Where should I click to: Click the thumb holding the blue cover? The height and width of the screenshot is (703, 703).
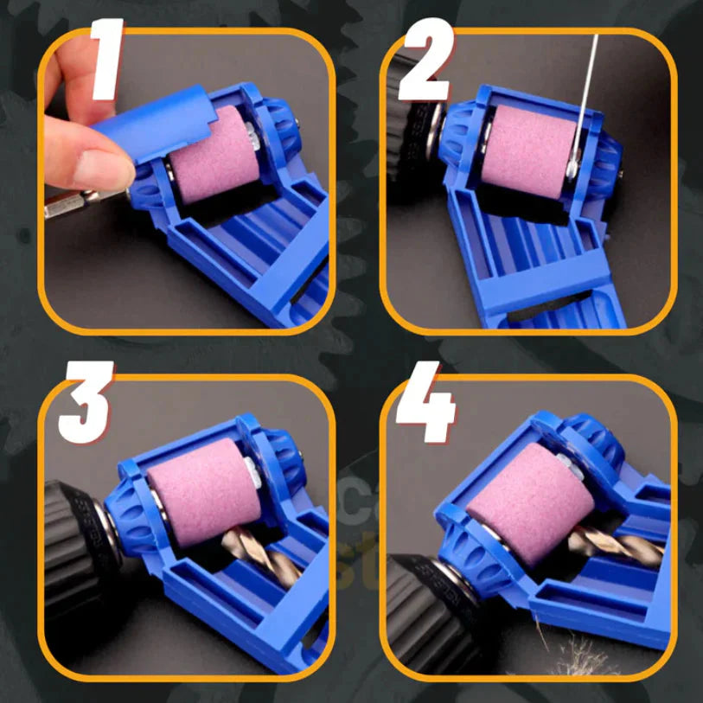pos(97,164)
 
